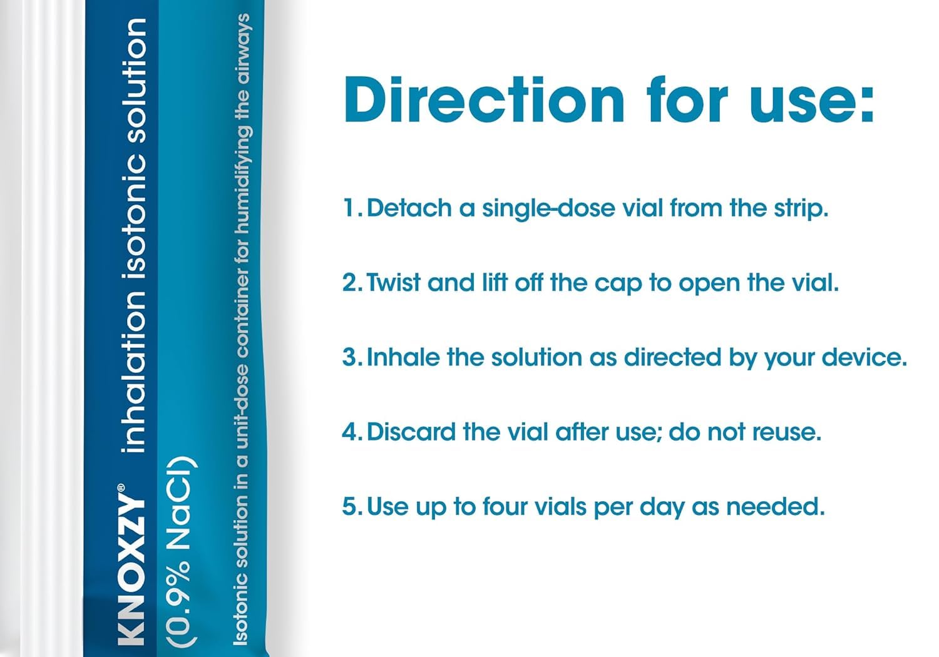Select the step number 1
point(351,207)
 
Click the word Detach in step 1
point(409,207)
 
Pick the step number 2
point(351,282)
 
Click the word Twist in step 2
point(393,282)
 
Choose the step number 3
point(351,357)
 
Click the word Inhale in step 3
point(402,357)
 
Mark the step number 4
point(351,432)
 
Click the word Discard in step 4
point(411,432)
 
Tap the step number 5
point(351,507)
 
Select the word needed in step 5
point(775,506)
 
